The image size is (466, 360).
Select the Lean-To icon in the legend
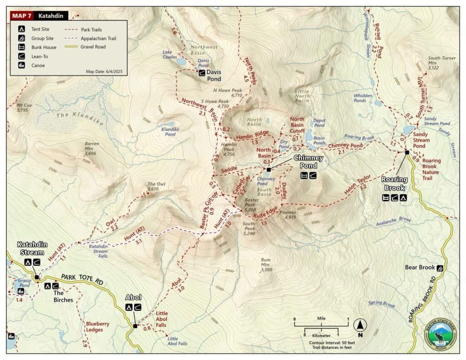(x=21, y=56)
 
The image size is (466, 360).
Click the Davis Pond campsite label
(x=213, y=75)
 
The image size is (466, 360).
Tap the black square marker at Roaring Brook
(x=407, y=152)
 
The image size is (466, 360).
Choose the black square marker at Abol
(x=135, y=326)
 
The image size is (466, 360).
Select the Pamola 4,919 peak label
(x=288, y=215)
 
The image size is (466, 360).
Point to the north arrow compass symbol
(x=360, y=325)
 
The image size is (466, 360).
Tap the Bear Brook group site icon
(x=440, y=268)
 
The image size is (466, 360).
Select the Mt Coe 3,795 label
(x=22, y=107)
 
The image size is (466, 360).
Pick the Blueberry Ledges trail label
(x=97, y=327)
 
